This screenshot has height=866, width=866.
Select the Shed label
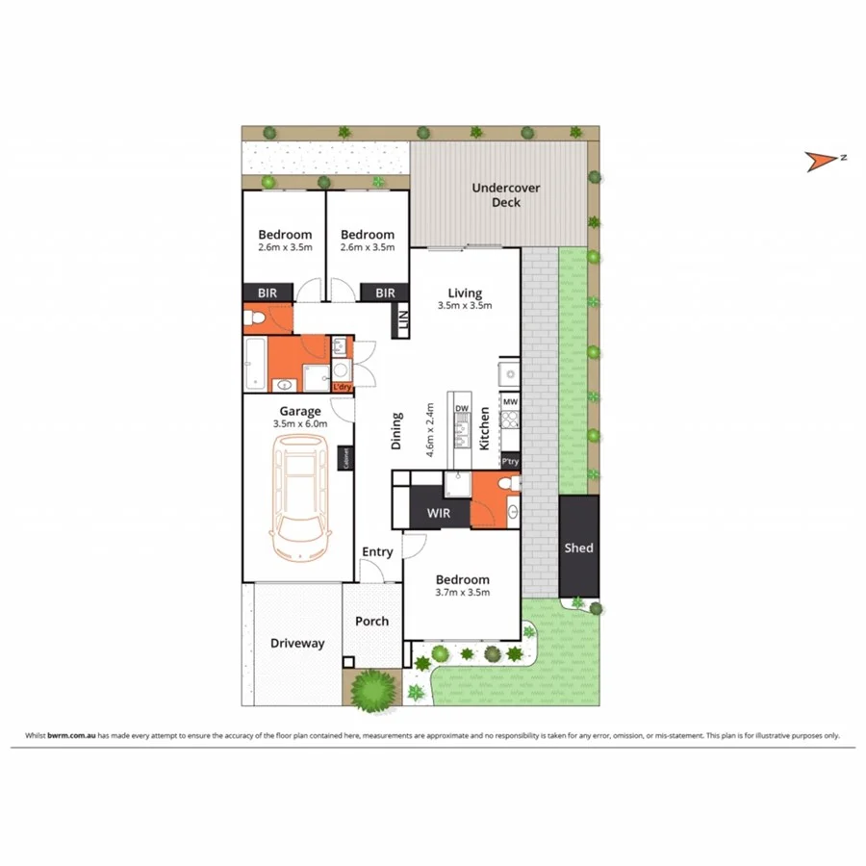578,548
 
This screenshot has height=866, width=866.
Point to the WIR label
438,514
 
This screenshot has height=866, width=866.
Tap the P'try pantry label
510,461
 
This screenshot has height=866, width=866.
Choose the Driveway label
297,644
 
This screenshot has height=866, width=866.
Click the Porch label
372,622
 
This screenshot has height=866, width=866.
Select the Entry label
377,552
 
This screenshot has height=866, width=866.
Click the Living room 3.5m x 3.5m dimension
465,307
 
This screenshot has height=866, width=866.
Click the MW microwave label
510,401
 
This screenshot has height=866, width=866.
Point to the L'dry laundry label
342,388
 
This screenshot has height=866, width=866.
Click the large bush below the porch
370,689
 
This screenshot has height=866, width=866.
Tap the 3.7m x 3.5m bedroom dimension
463,593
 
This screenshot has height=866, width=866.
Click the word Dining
396,432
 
